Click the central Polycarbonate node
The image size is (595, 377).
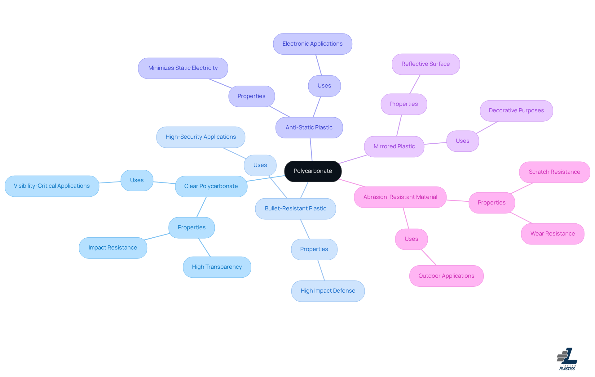point(313,171)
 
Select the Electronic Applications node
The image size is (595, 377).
point(312,44)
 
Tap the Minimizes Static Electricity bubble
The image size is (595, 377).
point(183,68)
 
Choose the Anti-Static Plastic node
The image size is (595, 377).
point(309,128)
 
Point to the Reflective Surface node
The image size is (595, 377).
point(425,64)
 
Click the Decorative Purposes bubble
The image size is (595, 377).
point(516,110)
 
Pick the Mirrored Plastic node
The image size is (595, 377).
point(394,146)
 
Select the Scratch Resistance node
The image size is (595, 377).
point(554,172)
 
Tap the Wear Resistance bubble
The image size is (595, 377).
point(553,234)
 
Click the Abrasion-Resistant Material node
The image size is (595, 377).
point(400,197)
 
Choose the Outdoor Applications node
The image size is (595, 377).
point(446,276)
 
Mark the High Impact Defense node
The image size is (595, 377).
point(328,291)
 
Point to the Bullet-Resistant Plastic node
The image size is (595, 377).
point(295,209)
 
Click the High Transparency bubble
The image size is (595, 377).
point(217,267)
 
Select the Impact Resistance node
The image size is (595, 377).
point(113,248)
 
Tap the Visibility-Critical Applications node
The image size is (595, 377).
point(52,186)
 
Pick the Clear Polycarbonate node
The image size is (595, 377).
point(211,186)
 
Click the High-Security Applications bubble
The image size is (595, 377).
point(201,137)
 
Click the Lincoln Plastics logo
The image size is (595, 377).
point(567,359)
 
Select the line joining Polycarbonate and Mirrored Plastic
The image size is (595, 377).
point(353,159)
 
